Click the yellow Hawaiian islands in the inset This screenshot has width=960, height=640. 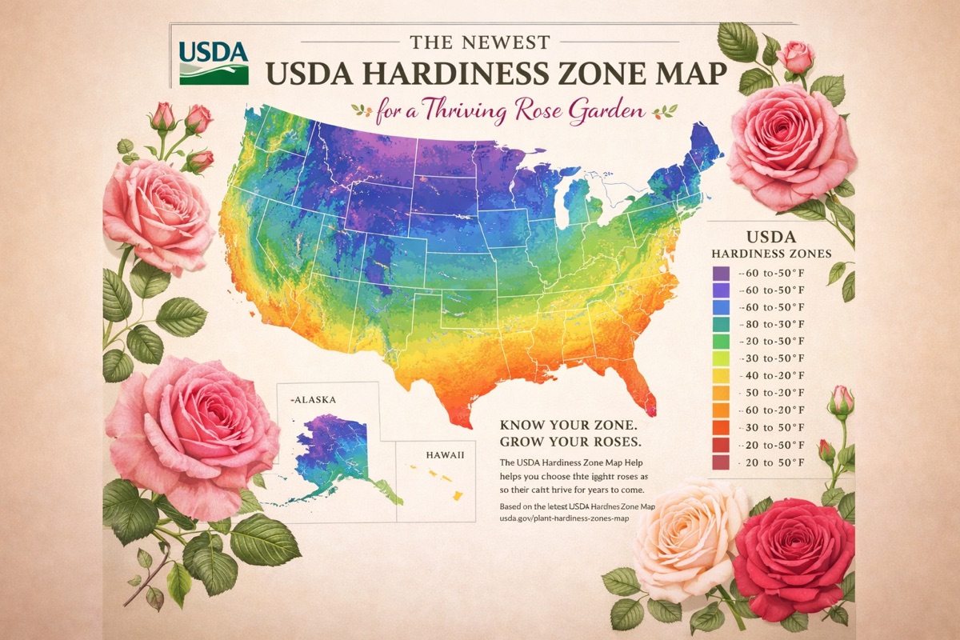pos(445,482)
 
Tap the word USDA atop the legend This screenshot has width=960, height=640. pos(770,238)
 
